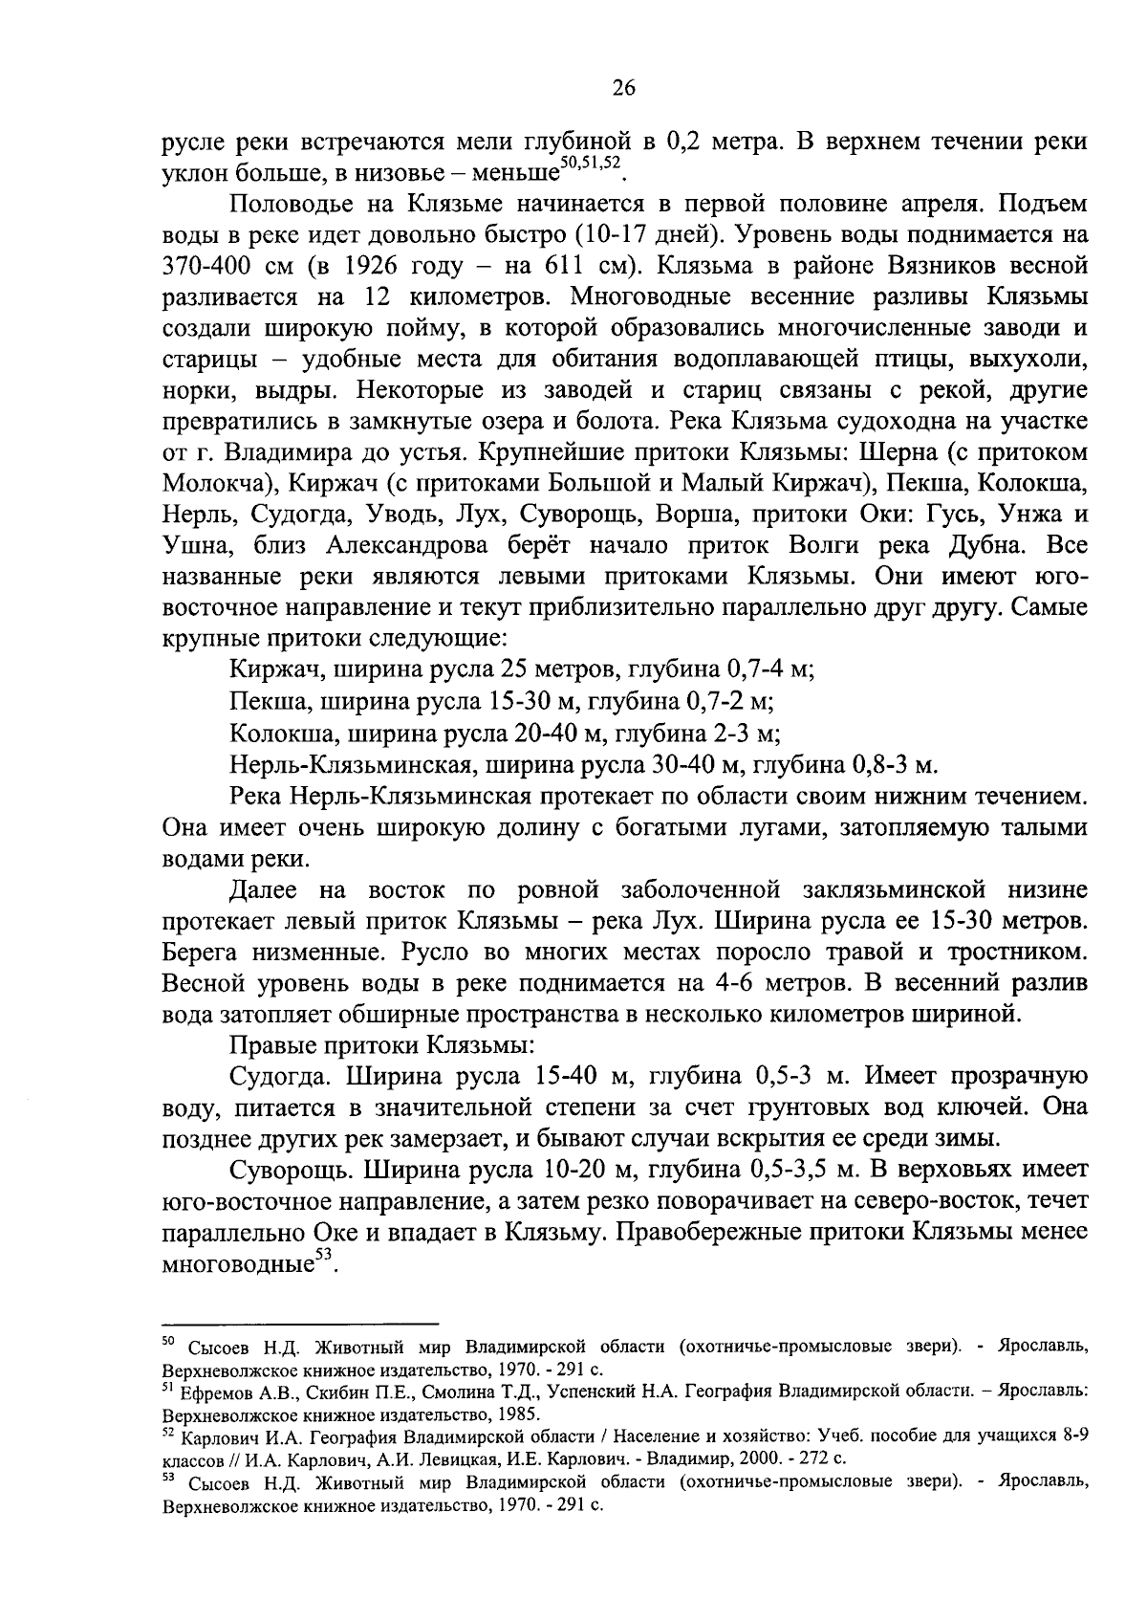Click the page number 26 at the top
(622, 89)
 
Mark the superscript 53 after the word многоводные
(326, 1260)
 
